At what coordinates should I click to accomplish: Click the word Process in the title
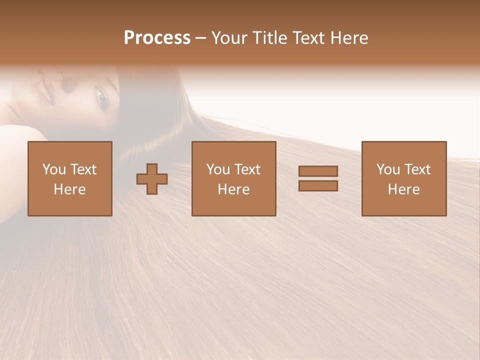[x=157, y=38]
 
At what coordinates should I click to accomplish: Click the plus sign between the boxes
[x=152, y=179]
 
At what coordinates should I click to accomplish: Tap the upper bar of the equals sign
[x=318, y=171]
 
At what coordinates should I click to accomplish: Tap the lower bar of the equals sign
[x=318, y=186]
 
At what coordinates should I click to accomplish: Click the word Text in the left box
[x=82, y=169]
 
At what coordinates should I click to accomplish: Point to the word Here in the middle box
[x=234, y=189]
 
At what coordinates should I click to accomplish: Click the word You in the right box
[x=388, y=169]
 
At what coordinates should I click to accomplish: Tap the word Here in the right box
[x=404, y=189]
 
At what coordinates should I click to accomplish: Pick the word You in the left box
[x=54, y=169]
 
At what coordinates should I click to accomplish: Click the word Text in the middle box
[x=246, y=169]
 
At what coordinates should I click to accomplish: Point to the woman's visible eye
[x=101, y=98]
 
